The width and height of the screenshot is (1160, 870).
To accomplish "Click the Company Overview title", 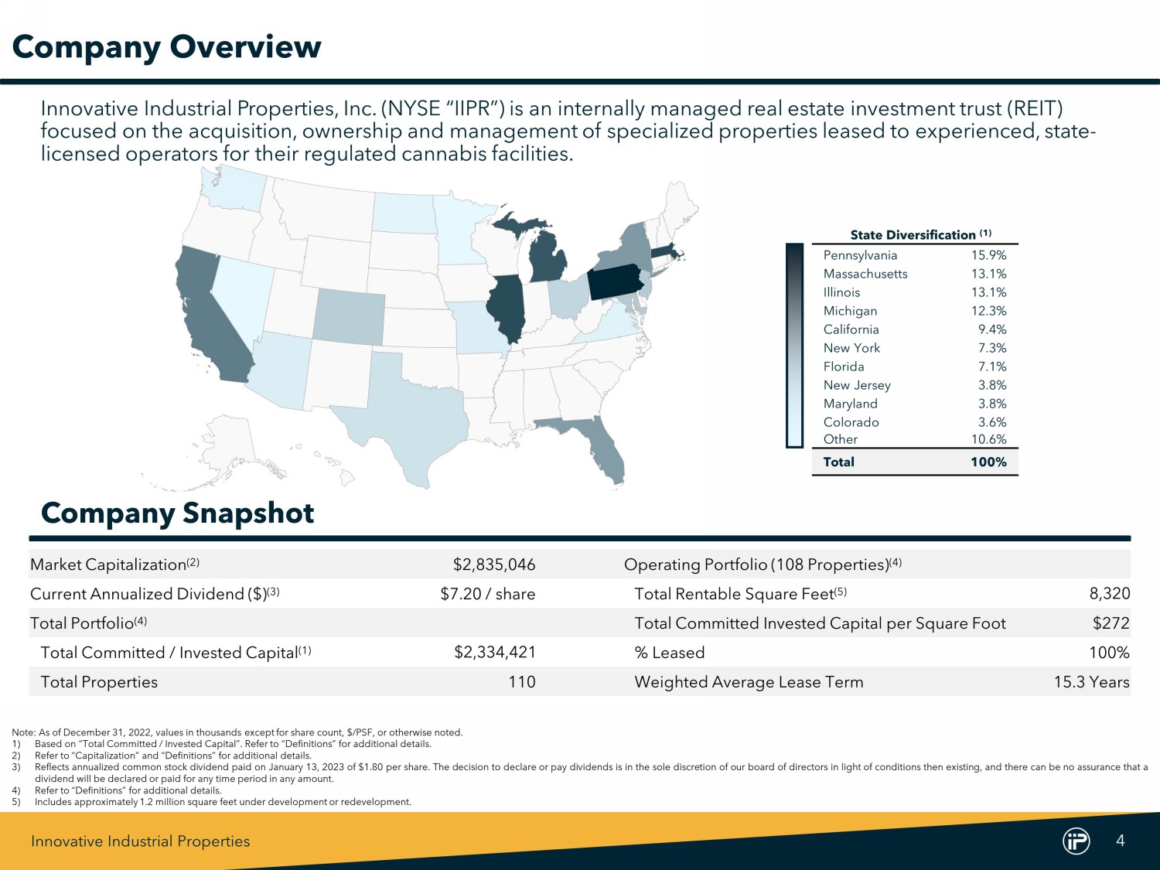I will (x=166, y=46).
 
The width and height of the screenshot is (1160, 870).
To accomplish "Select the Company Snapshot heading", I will (x=177, y=513).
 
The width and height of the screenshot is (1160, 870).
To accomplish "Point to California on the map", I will (x=209, y=317).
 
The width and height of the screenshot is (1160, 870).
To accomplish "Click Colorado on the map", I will (x=350, y=319).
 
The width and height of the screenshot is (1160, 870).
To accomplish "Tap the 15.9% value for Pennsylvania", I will (x=988, y=255).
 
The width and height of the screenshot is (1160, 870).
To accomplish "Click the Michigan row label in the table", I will (x=850, y=311).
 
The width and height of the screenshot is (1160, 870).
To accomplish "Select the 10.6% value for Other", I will (x=988, y=439).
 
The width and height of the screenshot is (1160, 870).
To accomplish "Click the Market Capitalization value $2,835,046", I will (x=494, y=565).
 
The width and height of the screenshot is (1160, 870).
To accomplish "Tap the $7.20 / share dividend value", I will (x=487, y=594).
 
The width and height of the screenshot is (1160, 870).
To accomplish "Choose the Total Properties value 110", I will (x=522, y=682).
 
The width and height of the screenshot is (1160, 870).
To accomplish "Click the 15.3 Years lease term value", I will (x=1091, y=682).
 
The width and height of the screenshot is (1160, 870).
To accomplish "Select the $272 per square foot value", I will (x=1111, y=623).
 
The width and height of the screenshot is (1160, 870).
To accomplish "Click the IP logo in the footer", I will (x=1076, y=841).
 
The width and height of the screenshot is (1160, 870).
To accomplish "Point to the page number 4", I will (x=1121, y=841).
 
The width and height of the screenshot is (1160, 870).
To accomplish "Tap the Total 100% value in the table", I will (x=988, y=462).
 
